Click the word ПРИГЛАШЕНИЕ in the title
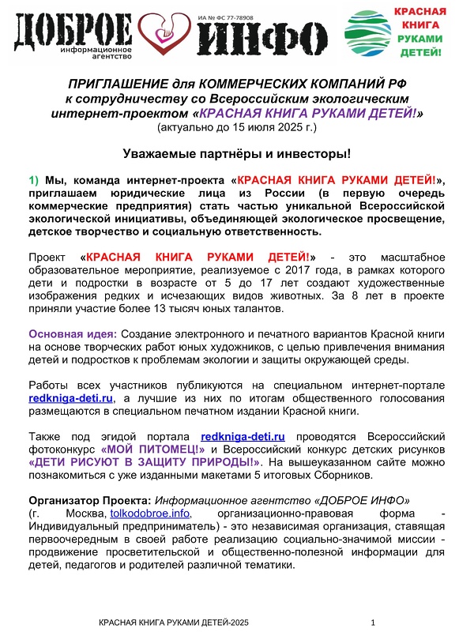point(118,83)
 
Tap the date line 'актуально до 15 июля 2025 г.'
point(237,126)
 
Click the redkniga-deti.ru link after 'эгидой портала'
point(243,434)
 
